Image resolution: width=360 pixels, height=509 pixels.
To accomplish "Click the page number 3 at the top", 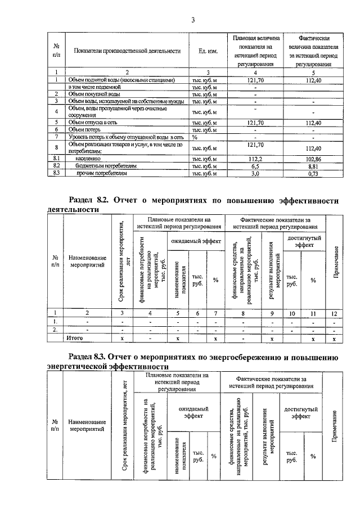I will point(192,20).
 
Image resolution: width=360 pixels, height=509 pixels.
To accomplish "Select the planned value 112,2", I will point(256,160).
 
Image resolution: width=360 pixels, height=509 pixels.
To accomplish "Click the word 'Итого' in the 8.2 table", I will point(75,339).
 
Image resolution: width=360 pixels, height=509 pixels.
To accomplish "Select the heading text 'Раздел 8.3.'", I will point(91,357).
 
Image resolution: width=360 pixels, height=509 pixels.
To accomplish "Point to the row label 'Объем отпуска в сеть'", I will point(94,122).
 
